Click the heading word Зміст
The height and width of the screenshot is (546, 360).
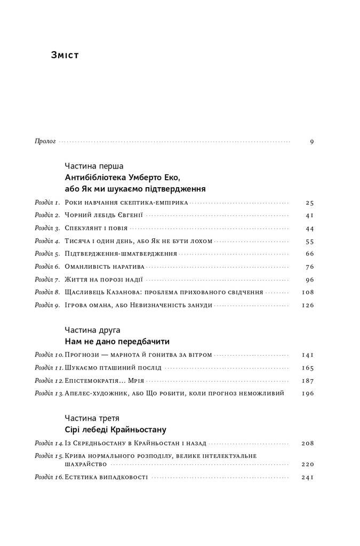pyautogui.click(x=65, y=55)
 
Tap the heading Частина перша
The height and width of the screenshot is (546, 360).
pyautogui.click(x=94, y=166)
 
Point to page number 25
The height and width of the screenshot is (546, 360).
pyautogui.click(x=310, y=203)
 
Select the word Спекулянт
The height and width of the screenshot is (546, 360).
pyautogui.click(x=84, y=228)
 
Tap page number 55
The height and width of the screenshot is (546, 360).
pyautogui.click(x=310, y=241)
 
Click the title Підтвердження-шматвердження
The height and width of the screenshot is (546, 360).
pyautogui.click(x=121, y=254)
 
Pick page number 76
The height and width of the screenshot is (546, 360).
pyautogui.click(x=310, y=267)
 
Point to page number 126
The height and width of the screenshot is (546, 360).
pyautogui.click(x=308, y=306)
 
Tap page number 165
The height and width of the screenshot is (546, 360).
pyautogui.click(x=308, y=368)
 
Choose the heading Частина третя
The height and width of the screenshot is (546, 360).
pyautogui.click(x=92, y=417)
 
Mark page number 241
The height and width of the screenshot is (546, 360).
pyautogui.click(x=308, y=477)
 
